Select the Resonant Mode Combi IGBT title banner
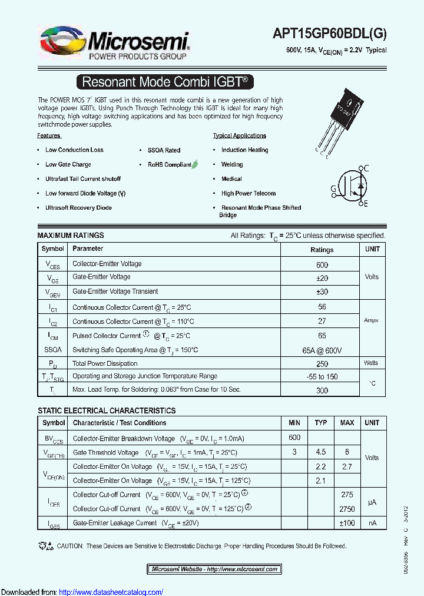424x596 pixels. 168,82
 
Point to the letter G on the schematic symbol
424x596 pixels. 333,189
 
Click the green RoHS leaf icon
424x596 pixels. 196,164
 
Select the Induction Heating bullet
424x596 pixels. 244,150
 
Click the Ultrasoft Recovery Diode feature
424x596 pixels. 78,208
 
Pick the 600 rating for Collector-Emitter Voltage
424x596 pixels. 322,265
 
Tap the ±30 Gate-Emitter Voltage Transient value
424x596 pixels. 322,292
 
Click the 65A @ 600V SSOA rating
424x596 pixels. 322,350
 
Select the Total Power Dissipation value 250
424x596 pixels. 322,364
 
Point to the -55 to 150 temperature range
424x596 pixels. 322,377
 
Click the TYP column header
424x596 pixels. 321,423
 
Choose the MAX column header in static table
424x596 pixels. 347,423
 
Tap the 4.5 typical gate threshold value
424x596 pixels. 321,452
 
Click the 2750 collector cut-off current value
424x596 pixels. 347,509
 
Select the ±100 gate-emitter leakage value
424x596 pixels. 347,523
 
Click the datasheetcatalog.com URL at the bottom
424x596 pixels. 111,592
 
